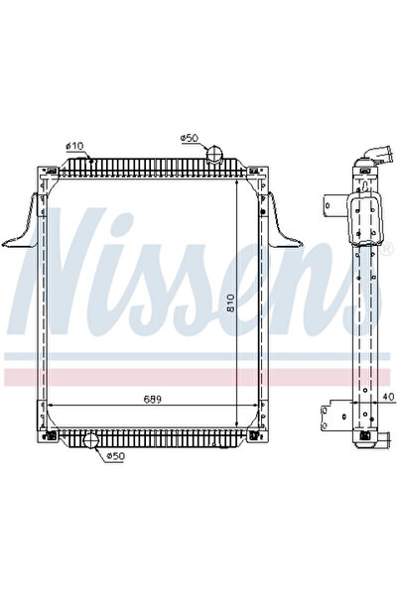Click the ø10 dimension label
73,147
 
